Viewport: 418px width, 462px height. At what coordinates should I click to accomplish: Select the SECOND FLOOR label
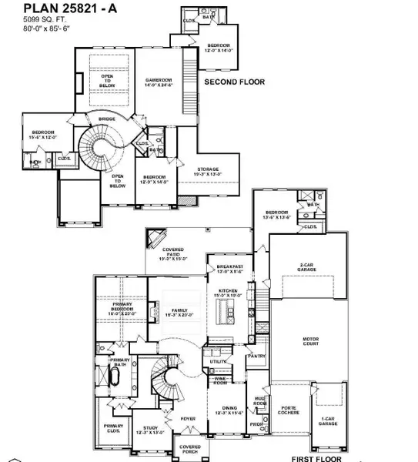coord(234,82)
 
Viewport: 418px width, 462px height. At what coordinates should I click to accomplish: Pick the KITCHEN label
coord(232,292)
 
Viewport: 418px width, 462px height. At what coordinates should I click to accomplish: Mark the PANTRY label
coord(257,357)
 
